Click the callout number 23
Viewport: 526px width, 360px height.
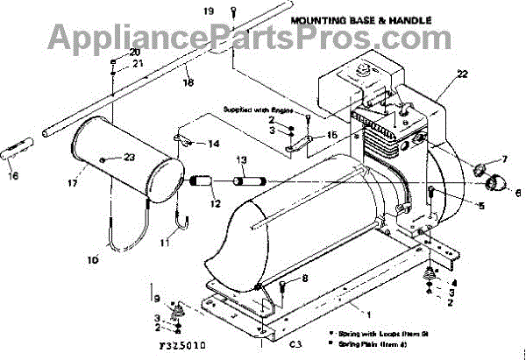(x=131, y=157)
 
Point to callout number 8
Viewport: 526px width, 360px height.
(x=305, y=278)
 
